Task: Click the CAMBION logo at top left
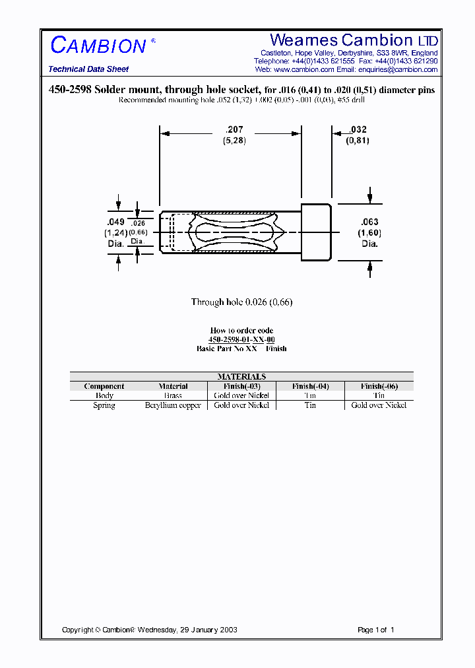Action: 99,45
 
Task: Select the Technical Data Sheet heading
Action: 88,69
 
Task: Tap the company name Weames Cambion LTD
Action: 354,40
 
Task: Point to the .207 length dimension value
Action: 234,130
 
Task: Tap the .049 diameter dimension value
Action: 115,222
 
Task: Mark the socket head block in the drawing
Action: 316,232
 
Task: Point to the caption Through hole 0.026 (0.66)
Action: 241,302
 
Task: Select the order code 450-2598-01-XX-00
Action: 241,339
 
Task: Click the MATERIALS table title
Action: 241,376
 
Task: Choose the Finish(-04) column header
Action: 310,386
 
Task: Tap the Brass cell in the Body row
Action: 173,395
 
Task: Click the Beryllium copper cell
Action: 173,405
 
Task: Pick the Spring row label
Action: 104,405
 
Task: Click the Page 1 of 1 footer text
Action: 375,630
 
